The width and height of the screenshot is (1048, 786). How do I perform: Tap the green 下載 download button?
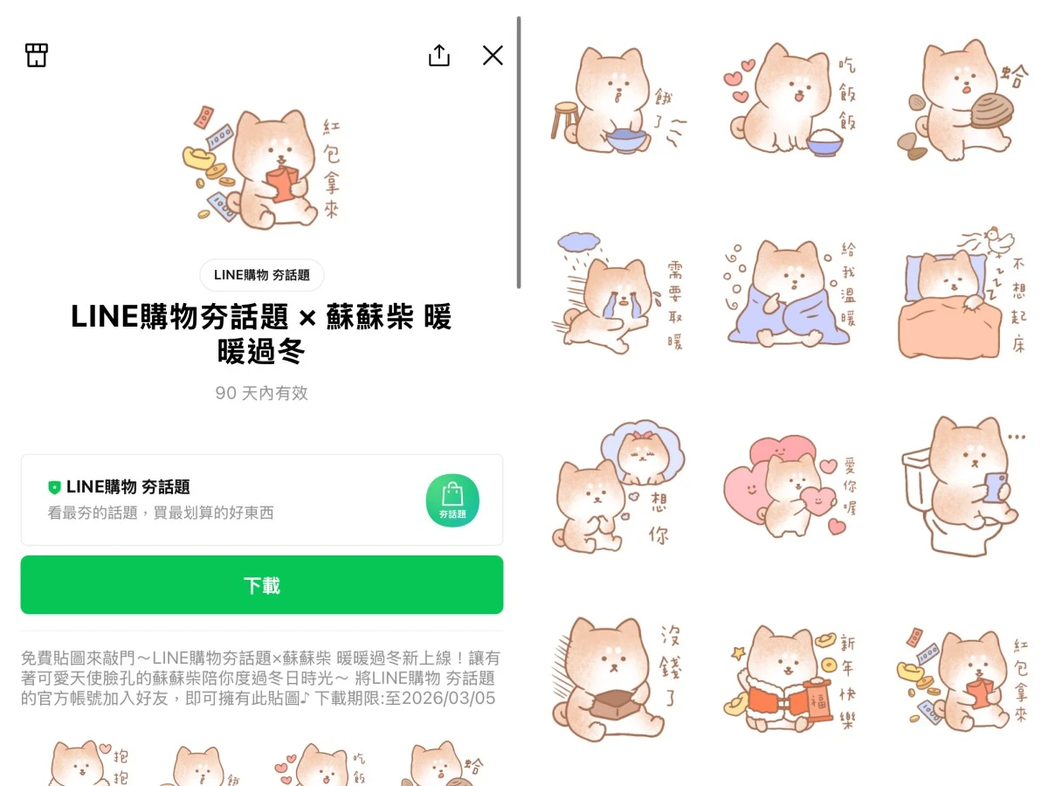[262, 584]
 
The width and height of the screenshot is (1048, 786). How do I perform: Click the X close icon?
[493, 55]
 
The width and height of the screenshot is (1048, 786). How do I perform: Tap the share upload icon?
[439, 55]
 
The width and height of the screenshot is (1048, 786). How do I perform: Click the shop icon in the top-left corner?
[37, 55]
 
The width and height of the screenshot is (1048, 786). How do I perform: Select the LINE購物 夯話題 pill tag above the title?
[262, 275]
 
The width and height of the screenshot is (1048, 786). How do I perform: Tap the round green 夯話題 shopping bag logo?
[452, 500]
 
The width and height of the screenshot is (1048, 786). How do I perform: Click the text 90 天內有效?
[262, 393]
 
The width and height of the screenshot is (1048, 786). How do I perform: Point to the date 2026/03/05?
[448, 698]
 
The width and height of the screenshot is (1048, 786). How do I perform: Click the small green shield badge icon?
[54, 487]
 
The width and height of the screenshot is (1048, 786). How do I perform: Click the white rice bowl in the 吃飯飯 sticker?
[824, 141]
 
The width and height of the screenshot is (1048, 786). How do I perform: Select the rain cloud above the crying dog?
[579, 242]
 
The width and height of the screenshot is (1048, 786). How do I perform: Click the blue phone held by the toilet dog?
[994, 487]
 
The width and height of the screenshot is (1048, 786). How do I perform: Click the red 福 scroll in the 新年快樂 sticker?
[818, 700]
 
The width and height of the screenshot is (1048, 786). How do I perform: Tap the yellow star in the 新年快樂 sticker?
[738, 652]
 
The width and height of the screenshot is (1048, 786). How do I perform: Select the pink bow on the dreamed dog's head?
[642, 436]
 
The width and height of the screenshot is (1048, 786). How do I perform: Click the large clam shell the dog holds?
[993, 111]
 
